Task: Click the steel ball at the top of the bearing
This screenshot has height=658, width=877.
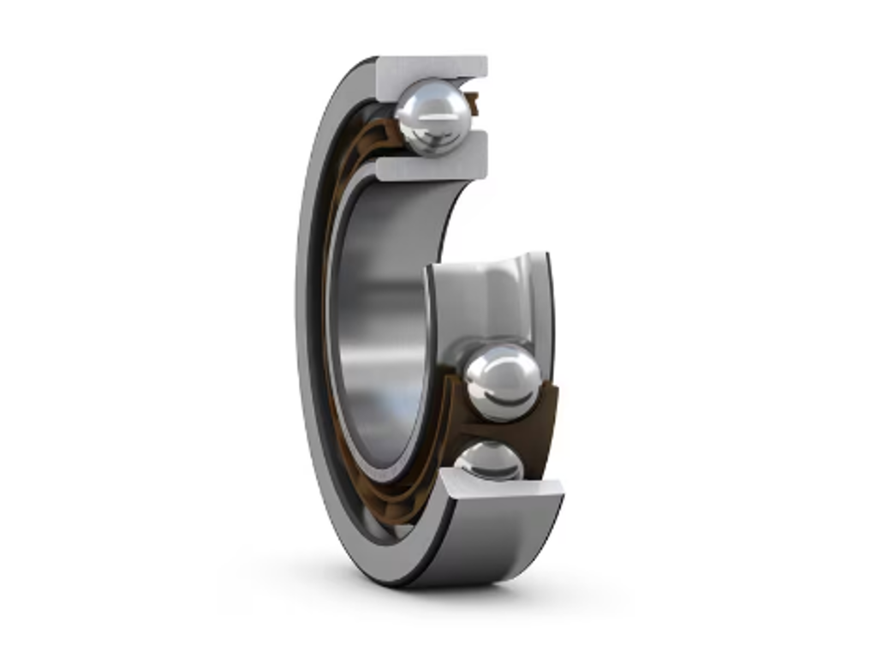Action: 433,117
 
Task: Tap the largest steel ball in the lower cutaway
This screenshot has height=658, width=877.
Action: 502,382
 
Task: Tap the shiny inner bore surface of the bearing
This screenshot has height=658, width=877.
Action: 377,326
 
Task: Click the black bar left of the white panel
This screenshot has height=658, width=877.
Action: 101,329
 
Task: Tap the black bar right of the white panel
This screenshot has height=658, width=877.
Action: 775,329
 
